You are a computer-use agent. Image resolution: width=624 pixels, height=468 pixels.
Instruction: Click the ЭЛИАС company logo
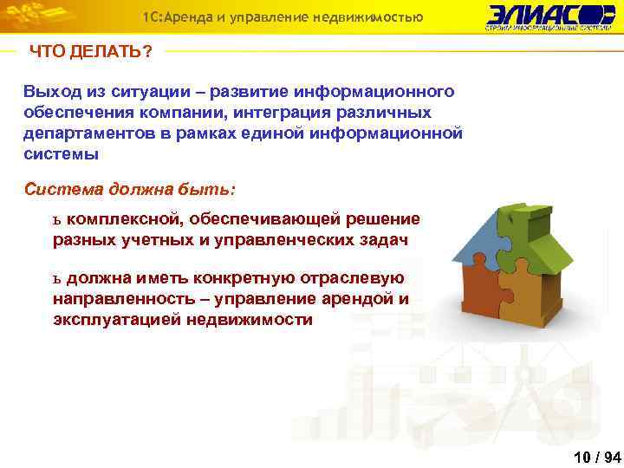tap(549, 16)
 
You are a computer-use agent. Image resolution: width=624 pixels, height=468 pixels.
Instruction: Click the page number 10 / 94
tap(597, 456)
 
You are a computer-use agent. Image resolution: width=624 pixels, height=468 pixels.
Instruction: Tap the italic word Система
tap(62, 188)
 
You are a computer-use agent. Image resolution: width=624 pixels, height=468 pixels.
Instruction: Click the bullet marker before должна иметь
tap(57, 279)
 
